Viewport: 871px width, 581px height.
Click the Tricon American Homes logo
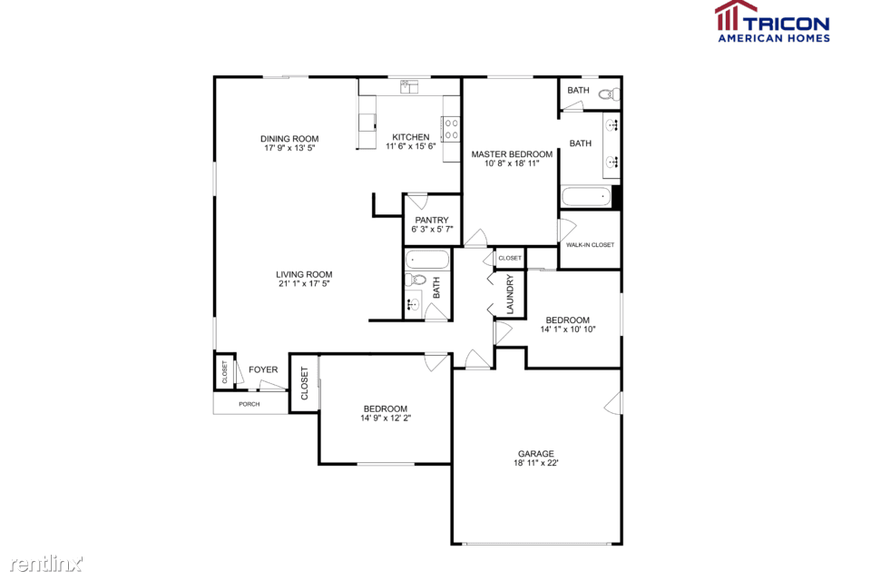click(773, 22)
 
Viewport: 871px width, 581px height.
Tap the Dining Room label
click(289, 139)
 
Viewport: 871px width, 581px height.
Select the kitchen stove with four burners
click(451, 129)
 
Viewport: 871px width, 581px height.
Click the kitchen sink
click(409, 86)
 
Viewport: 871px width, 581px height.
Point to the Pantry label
click(432, 221)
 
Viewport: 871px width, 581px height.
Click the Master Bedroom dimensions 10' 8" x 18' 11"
click(512, 163)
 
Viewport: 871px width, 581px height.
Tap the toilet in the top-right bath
click(610, 94)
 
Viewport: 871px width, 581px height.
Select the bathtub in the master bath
click(586, 197)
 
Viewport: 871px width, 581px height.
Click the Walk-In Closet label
click(590, 244)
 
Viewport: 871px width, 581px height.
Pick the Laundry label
click(510, 294)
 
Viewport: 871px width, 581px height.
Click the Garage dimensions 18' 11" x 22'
click(536, 463)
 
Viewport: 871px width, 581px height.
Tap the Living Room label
click(305, 274)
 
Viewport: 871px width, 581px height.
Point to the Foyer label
click(263, 369)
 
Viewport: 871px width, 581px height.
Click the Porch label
click(250, 404)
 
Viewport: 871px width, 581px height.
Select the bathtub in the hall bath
click(427, 260)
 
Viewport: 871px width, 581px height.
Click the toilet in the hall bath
click(416, 279)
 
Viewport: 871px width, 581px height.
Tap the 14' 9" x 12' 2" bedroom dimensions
click(386, 419)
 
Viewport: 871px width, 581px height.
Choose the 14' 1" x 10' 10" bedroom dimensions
click(568, 330)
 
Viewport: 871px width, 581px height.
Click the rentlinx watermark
click(46, 564)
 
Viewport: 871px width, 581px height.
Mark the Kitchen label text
click(410, 137)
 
